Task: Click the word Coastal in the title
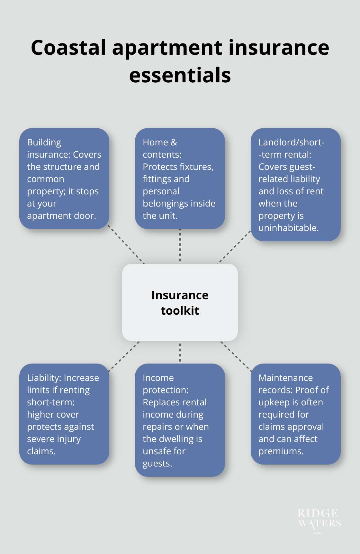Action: click(x=68, y=48)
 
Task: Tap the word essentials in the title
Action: click(x=180, y=75)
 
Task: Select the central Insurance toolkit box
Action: click(x=180, y=302)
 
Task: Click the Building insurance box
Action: click(x=64, y=179)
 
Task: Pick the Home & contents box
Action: click(x=180, y=179)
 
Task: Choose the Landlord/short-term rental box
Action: click(x=295, y=185)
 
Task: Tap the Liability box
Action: click(x=64, y=414)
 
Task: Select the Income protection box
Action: click(x=180, y=420)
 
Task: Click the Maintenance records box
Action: click(x=295, y=414)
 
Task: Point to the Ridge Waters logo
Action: click(x=319, y=519)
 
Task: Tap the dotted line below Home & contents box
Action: click(x=180, y=245)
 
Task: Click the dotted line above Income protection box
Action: click(x=180, y=352)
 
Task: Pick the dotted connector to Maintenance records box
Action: click(x=236, y=356)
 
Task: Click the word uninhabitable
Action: click(x=288, y=228)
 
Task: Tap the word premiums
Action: click(x=281, y=451)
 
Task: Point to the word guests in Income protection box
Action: click(x=157, y=464)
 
